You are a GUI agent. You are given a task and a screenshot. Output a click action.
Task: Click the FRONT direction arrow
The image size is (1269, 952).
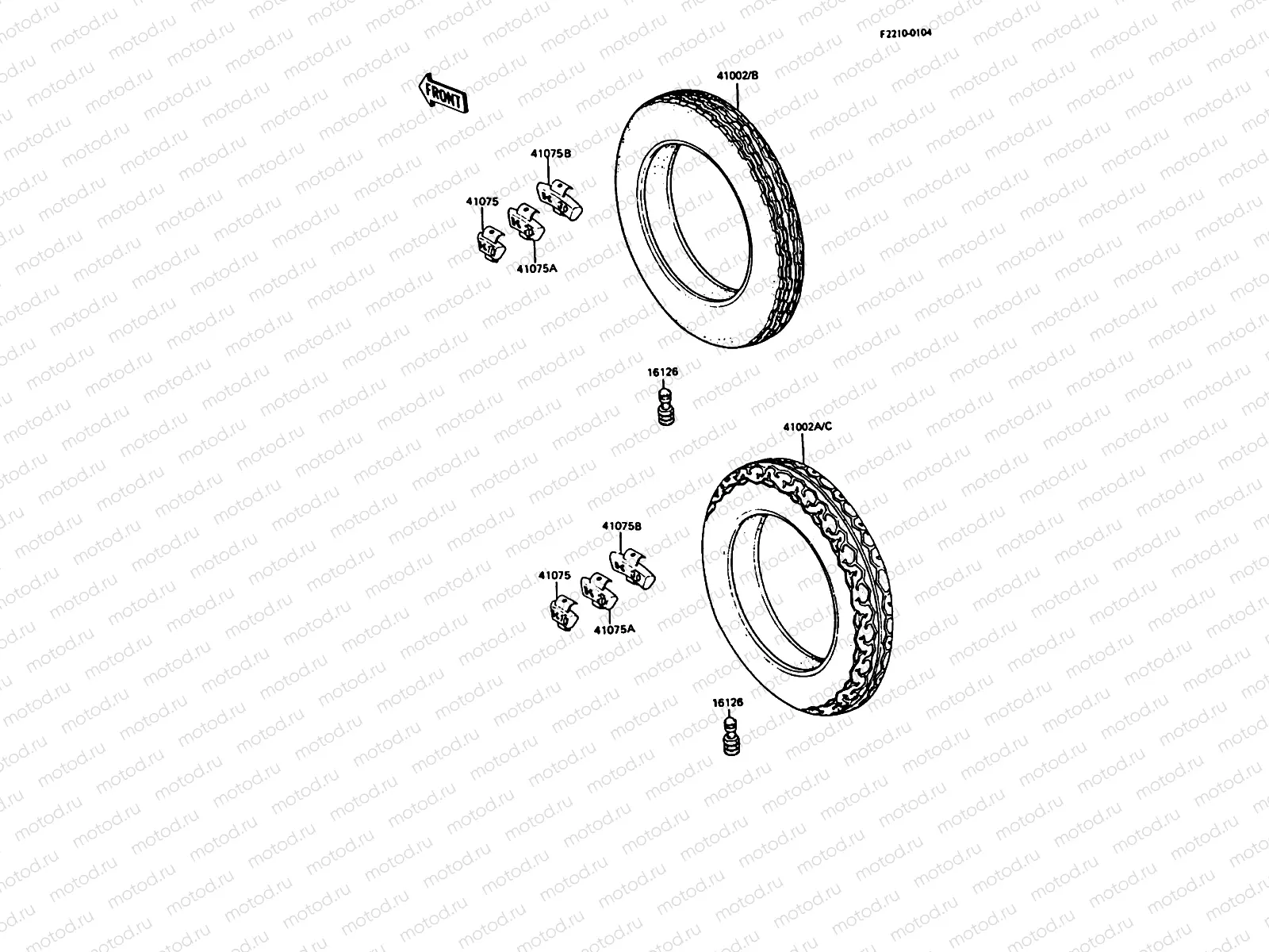pos(443,94)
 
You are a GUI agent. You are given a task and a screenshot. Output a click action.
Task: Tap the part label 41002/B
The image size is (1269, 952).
pos(738,75)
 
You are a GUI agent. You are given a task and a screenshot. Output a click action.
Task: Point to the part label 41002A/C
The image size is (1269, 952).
pos(807,427)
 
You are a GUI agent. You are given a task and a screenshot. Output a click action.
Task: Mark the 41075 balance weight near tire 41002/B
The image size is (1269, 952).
pos(490,244)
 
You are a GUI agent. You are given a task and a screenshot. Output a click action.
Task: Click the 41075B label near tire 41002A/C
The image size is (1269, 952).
pos(622,526)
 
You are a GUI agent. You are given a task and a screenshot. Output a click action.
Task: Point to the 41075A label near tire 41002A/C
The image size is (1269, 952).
pos(615,629)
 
